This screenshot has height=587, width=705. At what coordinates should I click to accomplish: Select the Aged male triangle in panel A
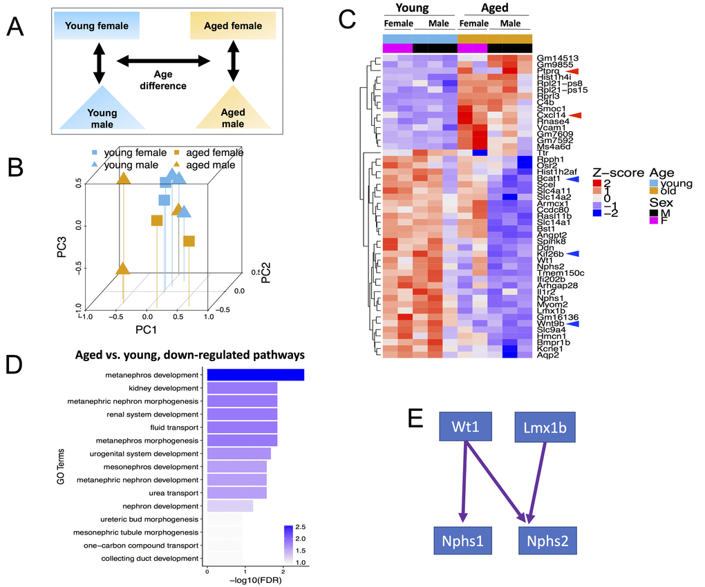pos(232,110)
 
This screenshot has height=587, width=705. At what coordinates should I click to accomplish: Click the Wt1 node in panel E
pos(467,428)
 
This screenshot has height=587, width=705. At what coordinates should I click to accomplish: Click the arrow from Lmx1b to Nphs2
pos(538,483)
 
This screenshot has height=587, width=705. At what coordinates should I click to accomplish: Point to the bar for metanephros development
pos(255,375)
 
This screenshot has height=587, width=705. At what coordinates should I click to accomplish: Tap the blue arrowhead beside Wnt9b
pos(574,323)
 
